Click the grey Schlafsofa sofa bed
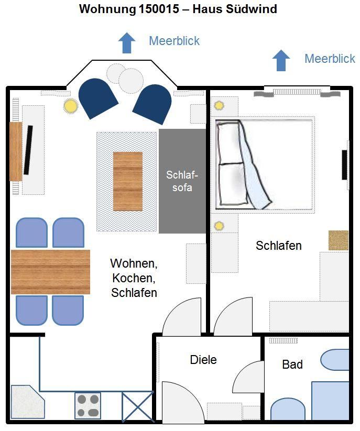click(182, 181)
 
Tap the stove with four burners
click(88, 406)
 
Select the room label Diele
click(203, 360)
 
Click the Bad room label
click(292, 364)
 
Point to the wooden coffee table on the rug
click(128, 181)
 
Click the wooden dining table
click(51, 272)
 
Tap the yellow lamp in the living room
click(70, 106)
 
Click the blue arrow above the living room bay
click(127, 43)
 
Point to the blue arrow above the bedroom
click(281, 60)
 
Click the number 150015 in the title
click(159, 9)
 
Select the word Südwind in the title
click(252, 9)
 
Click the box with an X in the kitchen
click(137, 406)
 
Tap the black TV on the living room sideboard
click(28, 150)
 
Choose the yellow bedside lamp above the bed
click(219, 105)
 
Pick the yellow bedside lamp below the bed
click(219, 226)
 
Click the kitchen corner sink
click(27, 402)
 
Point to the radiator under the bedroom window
click(297, 92)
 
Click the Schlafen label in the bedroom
click(279, 246)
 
